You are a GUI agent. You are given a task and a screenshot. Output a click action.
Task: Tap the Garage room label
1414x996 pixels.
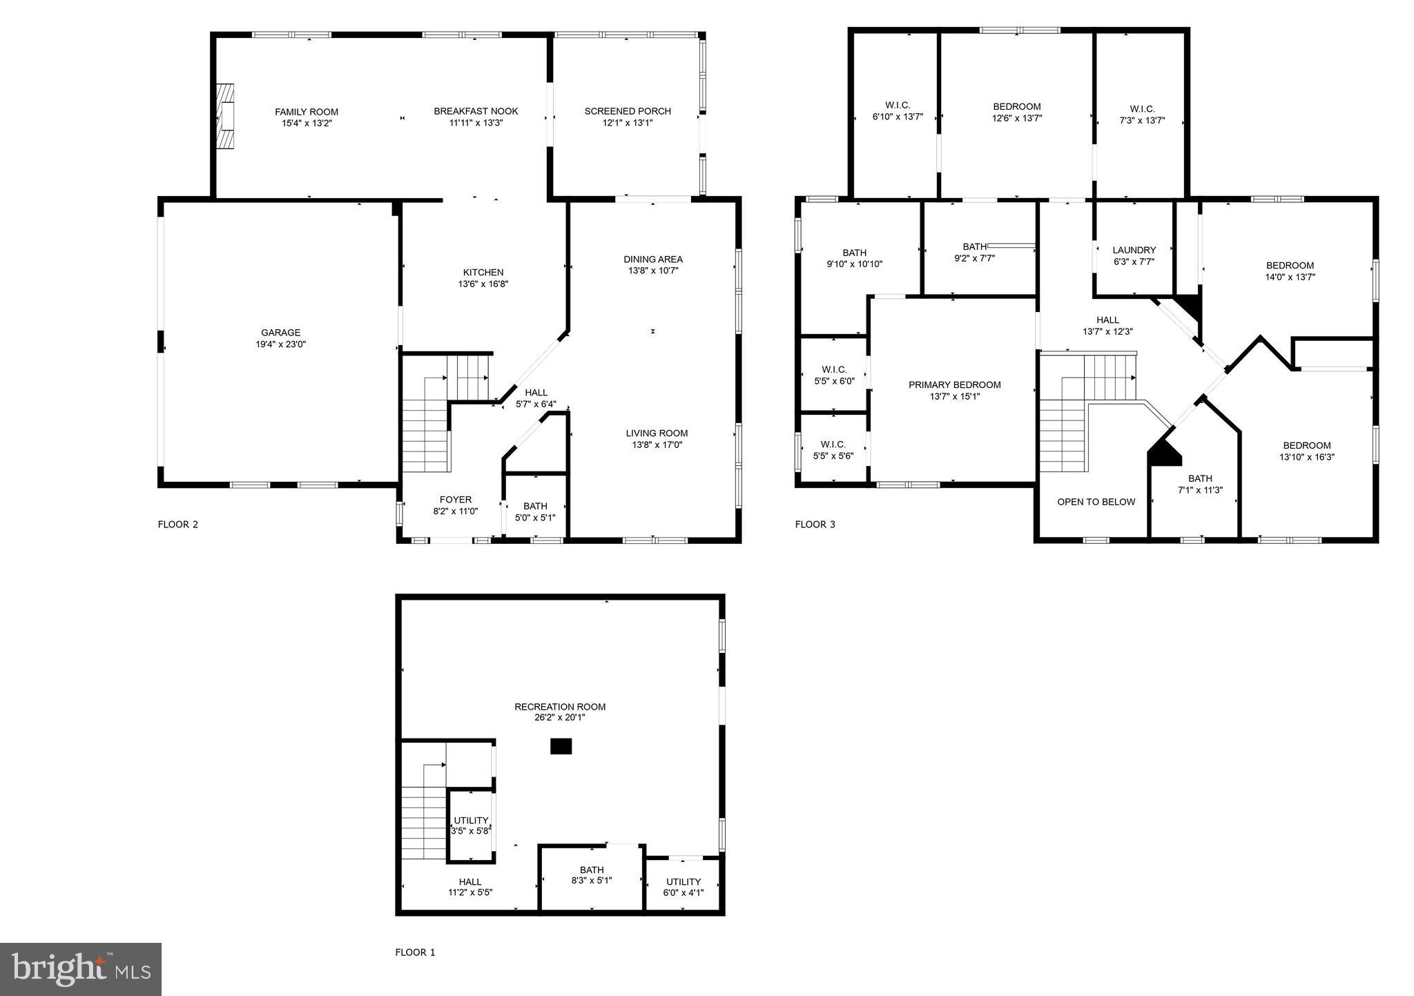coord(280,333)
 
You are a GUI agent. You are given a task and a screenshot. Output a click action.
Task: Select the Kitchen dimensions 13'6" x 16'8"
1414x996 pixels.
coord(483,284)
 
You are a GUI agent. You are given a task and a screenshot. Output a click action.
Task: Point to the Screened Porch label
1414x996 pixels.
coord(628,111)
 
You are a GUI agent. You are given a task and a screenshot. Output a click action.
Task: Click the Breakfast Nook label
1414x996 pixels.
coord(476,111)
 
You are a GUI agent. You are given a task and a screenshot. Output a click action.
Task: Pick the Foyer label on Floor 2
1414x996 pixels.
coord(456,500)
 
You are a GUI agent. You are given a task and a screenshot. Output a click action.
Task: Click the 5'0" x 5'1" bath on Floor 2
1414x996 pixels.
coord(535,511)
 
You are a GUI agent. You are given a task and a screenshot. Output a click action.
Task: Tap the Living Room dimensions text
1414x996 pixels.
coord(657,445)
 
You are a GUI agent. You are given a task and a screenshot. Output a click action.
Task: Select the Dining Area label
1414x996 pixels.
coord(653,260)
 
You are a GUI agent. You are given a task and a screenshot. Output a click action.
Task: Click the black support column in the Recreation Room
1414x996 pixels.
coord(561,746)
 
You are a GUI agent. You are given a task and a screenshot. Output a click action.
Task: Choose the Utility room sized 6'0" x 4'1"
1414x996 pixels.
coord(684,887)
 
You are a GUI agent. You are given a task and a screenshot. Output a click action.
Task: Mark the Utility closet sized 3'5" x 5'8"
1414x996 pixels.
coord(471,826)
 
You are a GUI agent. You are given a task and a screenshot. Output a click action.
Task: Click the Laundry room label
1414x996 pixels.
coord(1134,250)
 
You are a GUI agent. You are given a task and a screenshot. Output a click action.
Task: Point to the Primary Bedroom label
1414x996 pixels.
coord(954,385)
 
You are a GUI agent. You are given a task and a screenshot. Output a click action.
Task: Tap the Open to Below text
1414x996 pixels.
coord(1096,502)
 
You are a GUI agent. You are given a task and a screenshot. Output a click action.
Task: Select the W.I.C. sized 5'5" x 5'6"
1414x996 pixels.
coord(833,450)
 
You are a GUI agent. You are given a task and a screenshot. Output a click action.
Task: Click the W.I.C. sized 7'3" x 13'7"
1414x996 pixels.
coord(1142,115)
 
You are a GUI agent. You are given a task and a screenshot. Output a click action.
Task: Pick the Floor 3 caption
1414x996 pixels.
coord(815,525)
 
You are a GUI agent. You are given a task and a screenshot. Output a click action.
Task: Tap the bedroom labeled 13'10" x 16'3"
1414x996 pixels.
coord(1306,451)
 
